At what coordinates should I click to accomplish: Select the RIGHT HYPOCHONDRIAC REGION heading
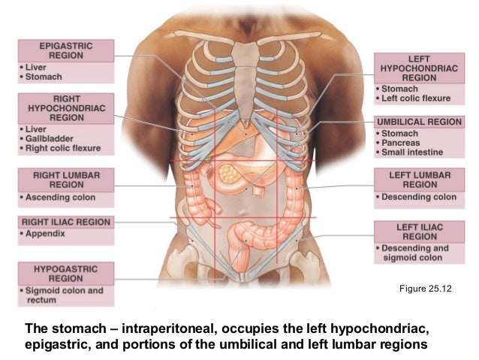(67, 107)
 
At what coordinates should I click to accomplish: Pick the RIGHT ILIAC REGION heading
(66, 222)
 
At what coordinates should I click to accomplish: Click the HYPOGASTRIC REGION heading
(66, 272)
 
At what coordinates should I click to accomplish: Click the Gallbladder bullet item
(53, 138)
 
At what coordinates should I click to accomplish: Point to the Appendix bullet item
(46, 234)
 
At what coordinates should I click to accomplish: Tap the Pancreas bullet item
(402, 143)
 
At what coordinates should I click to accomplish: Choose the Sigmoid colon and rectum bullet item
(66, 295)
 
